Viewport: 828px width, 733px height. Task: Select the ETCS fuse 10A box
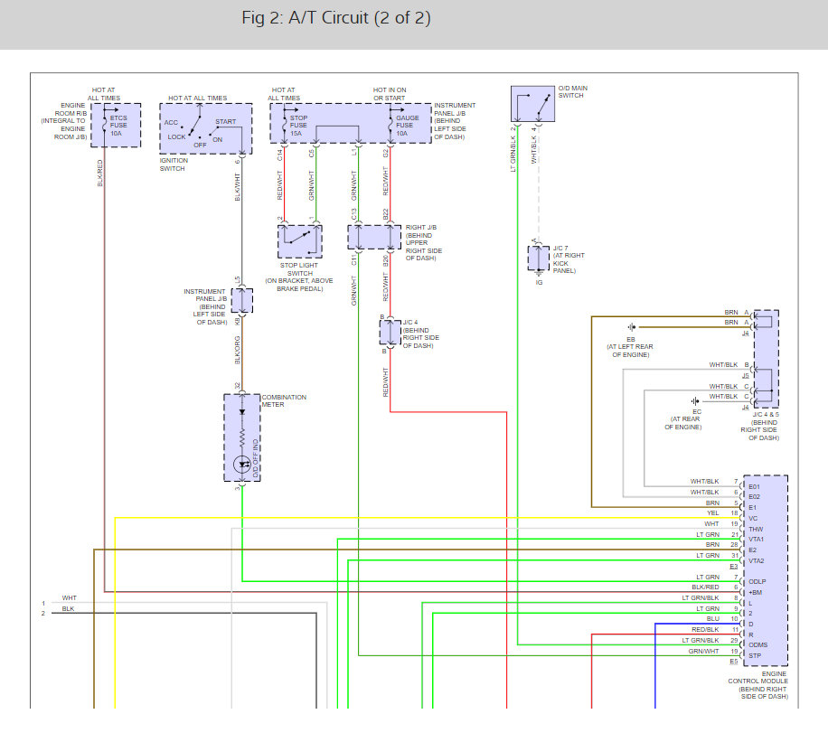point(115,124)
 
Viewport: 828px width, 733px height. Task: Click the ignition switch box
point(202,129)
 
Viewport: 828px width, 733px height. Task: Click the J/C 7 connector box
point(539,258)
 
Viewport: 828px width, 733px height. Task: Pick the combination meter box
point(241,437)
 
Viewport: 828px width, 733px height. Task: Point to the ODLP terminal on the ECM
point(757,581)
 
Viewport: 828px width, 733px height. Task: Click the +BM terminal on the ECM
point(756,592)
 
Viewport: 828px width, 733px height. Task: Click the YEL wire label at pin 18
point(712,512)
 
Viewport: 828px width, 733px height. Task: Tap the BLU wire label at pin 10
point(712,619)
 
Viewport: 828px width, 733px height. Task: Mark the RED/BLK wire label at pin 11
point(705,630)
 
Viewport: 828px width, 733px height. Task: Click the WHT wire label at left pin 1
point(70,598)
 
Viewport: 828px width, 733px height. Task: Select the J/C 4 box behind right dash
point(390,333)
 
